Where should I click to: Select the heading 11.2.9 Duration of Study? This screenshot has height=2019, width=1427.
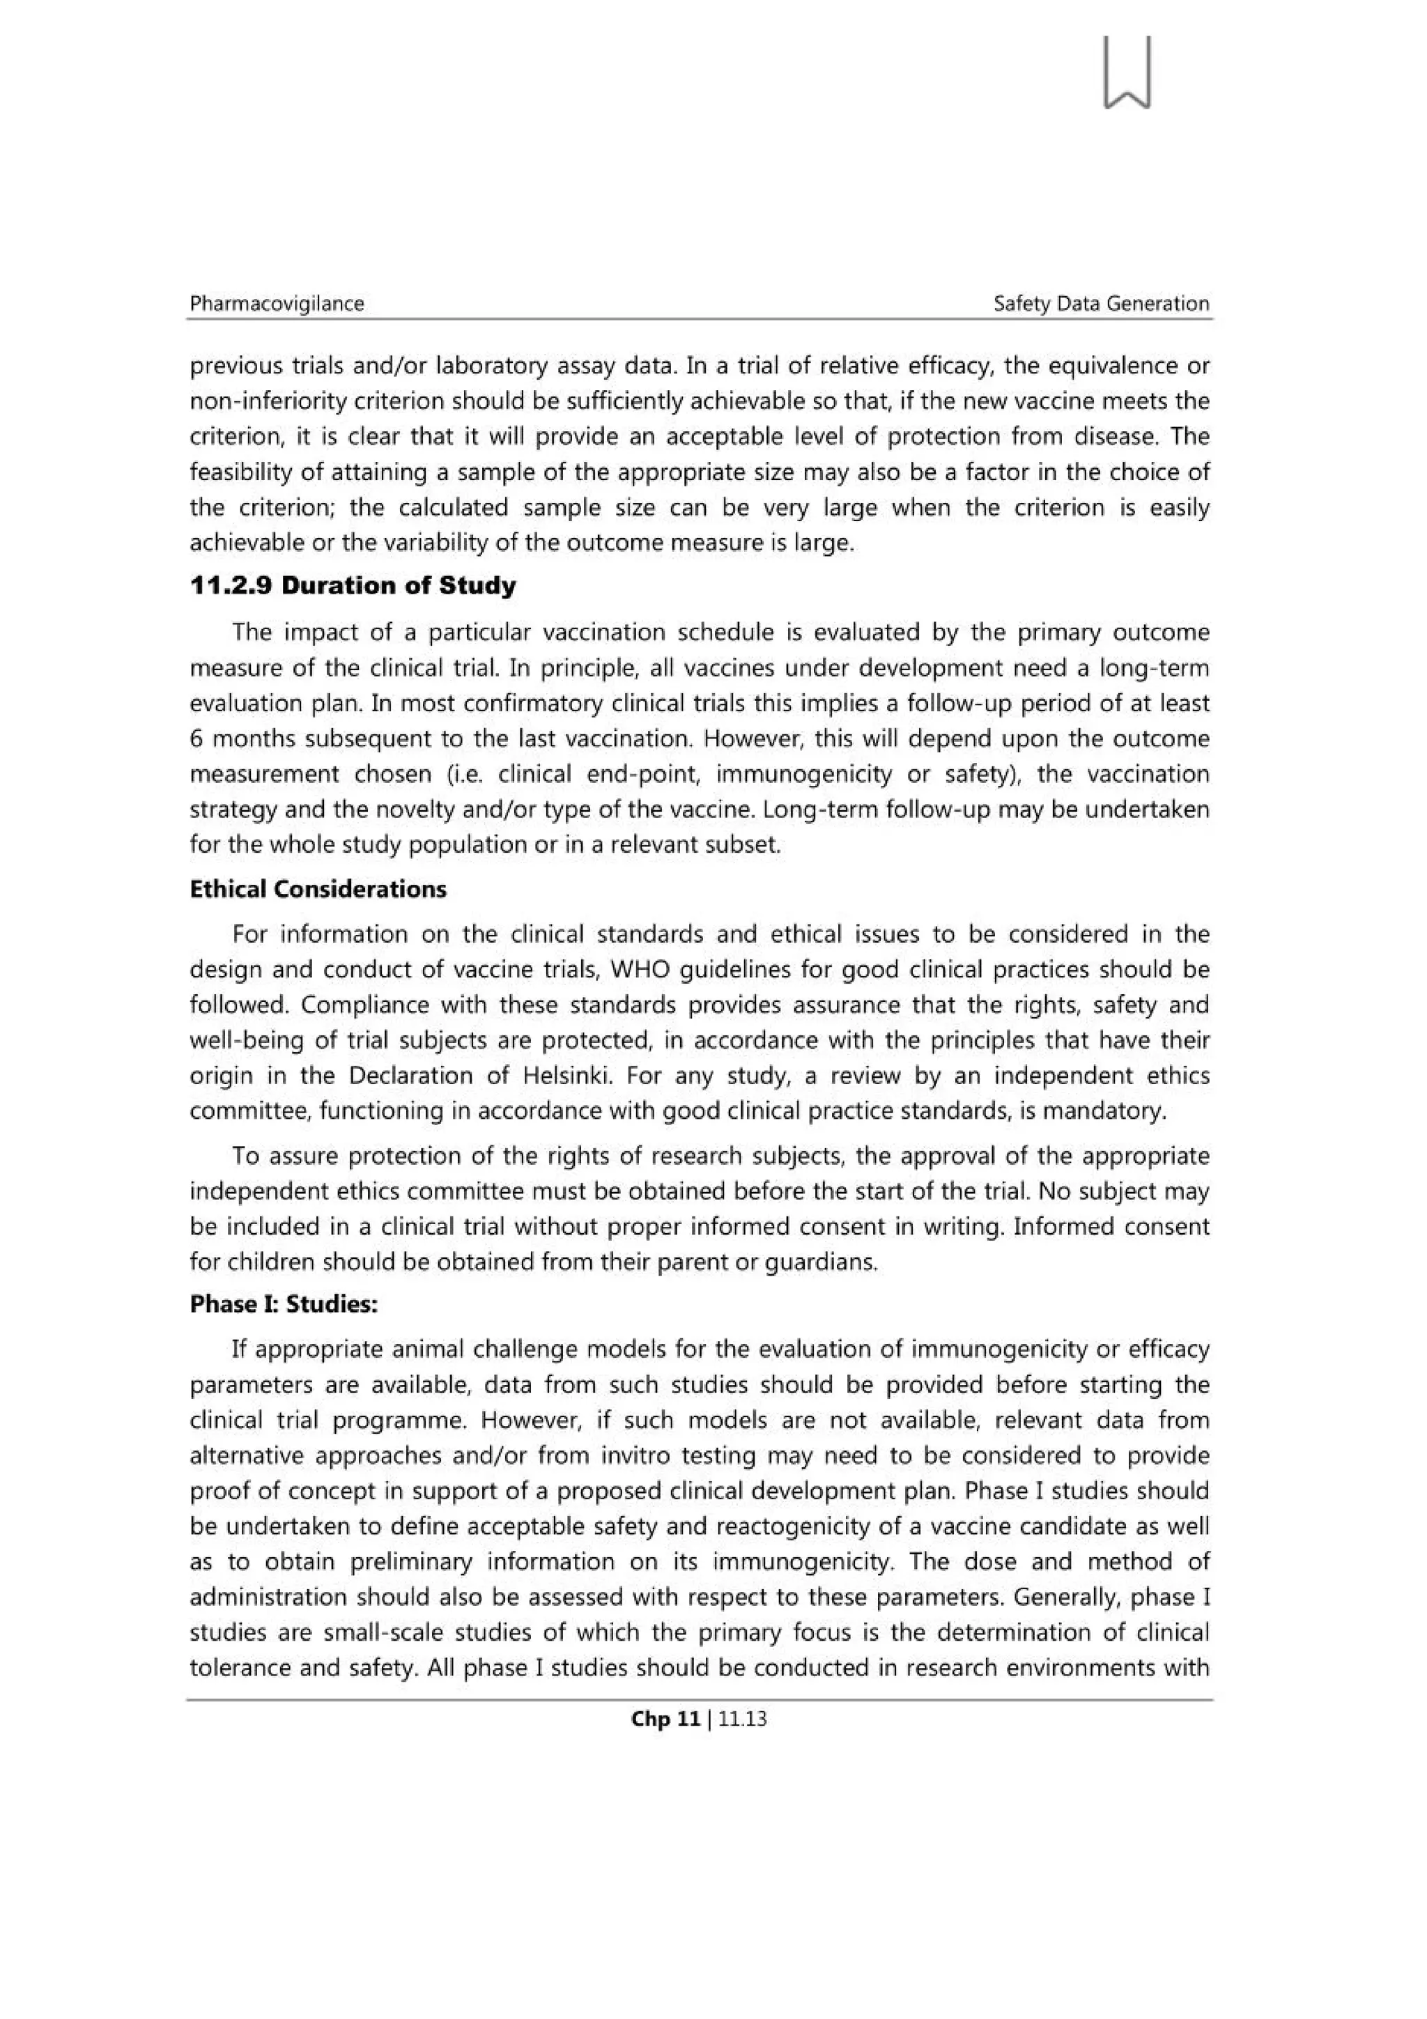click(x=353, y=587)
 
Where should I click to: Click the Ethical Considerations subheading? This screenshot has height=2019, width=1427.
click(x=318, y=889)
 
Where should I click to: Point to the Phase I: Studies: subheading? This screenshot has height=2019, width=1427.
click(x=283, y=1304)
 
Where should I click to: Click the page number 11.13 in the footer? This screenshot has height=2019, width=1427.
click(x=742, y=1719)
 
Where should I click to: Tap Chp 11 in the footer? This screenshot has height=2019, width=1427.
click(x=665, y=1719)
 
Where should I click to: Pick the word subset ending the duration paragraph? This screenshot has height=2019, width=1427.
click(x=753, y=844)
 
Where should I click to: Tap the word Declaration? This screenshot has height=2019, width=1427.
click(x=412, y=1076)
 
